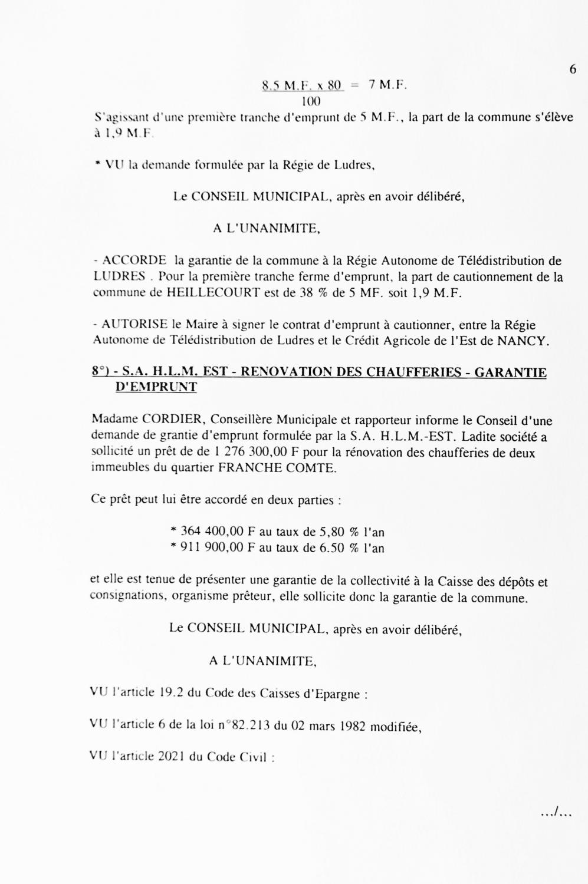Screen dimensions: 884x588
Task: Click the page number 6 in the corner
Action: [x=573, y=70]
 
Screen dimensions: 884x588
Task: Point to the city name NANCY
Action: [x=524, y=340]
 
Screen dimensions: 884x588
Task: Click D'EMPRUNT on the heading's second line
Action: [x=156, y=387]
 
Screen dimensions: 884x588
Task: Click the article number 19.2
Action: [x=172, y=693]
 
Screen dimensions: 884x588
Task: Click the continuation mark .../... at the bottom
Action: [x=556, y=814]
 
